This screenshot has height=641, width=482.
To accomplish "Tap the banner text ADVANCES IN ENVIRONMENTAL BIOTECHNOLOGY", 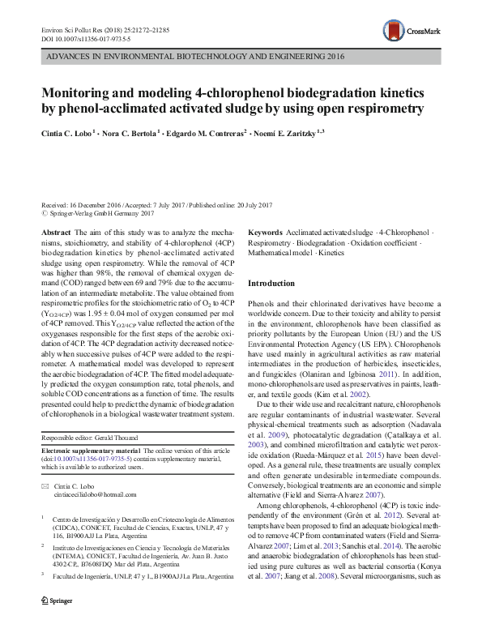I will [146, 59].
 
